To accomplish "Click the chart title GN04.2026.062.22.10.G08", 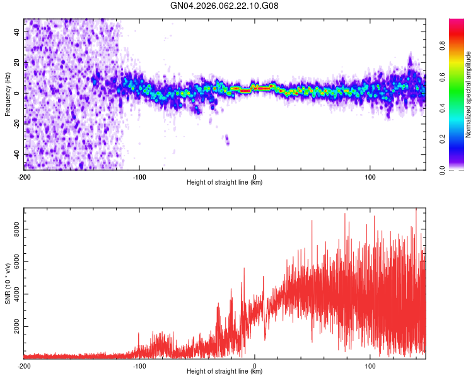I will point(225,6).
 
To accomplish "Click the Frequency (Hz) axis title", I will point(8,94).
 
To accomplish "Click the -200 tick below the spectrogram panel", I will point(24,176).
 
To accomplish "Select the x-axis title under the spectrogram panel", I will point(225,183).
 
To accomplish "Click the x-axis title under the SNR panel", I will point(225,372).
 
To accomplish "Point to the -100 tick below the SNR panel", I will point(139,365).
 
